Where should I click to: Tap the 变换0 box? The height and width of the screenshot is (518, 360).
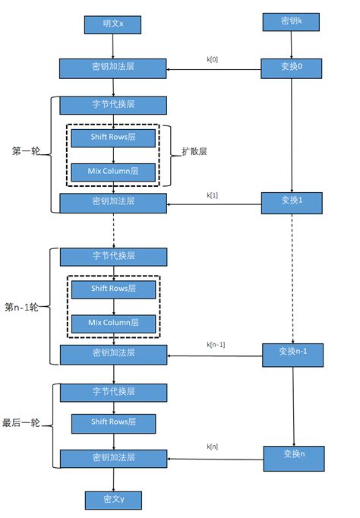(x=292, y=68)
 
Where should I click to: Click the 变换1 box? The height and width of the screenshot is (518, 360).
(x=292, y=201)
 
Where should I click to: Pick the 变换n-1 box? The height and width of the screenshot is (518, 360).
(x=292, y=352)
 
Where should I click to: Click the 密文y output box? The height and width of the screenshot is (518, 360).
(x=113, y=499)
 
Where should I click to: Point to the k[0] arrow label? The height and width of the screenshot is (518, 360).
(x=213, y=59)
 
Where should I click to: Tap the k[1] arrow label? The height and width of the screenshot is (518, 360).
(x=213, y=195)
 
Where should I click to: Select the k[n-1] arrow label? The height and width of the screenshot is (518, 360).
(x=216, y=345)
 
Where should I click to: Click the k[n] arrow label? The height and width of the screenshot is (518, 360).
(x=213, y=447)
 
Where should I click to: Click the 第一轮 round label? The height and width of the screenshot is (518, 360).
(x=26, y=151)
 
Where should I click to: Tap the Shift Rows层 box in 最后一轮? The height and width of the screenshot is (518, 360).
(x=113, y=423)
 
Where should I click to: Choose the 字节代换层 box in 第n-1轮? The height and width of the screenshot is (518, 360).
(x=113, y=257)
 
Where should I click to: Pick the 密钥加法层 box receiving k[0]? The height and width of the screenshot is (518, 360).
(x=113, y=69)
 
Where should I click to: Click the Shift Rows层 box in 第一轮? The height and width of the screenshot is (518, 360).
(x=113, y=138)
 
